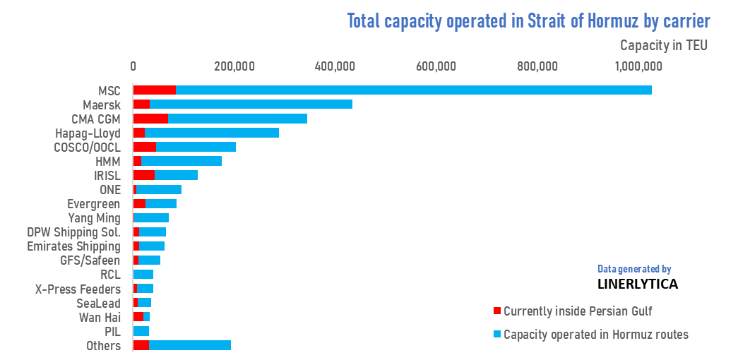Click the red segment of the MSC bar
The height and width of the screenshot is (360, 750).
pos(154,90)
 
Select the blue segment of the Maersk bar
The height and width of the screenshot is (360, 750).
pos(251,104)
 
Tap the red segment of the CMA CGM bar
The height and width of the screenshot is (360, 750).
pos(150,119)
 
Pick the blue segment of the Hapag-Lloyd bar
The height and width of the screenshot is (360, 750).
pos(212,133)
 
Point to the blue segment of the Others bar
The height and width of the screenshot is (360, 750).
pos(190,345)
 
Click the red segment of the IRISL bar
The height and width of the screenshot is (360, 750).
pos(144,175)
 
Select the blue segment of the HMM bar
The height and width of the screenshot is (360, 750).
pos(181,161)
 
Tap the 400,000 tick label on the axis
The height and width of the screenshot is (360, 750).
pos(334,67)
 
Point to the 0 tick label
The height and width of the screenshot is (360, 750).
pos(133,67)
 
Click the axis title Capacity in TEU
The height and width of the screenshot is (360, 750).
pos(663,45)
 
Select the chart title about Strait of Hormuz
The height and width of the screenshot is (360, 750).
pos(528,20)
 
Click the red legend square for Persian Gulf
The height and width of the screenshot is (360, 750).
pos(496,311)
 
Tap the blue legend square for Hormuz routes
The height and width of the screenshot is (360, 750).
pos(496,334)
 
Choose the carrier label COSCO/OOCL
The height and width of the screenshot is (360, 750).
pos(88,147)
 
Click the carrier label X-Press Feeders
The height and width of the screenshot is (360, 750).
pos(78,289)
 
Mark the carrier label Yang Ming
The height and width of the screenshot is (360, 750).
pos(94,217)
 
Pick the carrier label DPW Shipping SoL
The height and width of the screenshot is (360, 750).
pos(73,232)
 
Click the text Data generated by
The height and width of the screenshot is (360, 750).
pos(633,269)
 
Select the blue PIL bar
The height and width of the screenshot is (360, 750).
pos(141,331)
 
